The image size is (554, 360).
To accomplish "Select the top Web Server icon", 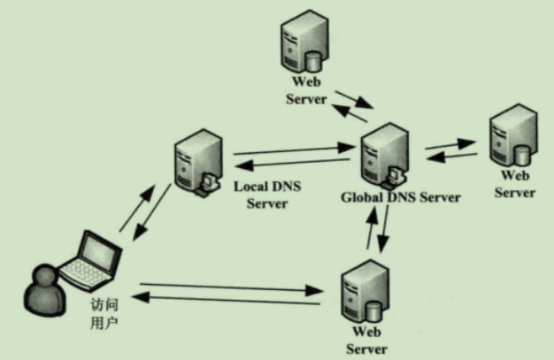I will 301,44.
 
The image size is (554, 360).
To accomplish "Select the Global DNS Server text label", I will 400,197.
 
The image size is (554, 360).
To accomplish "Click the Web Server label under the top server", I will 306,91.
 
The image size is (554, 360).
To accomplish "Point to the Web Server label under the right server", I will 514,185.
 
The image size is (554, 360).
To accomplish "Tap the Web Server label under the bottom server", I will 367,341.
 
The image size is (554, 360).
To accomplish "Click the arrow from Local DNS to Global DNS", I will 292,151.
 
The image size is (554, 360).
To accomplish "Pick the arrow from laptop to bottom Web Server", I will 230,287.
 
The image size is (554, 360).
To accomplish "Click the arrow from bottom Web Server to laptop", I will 230,302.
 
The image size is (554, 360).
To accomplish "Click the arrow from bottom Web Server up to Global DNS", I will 370,230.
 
